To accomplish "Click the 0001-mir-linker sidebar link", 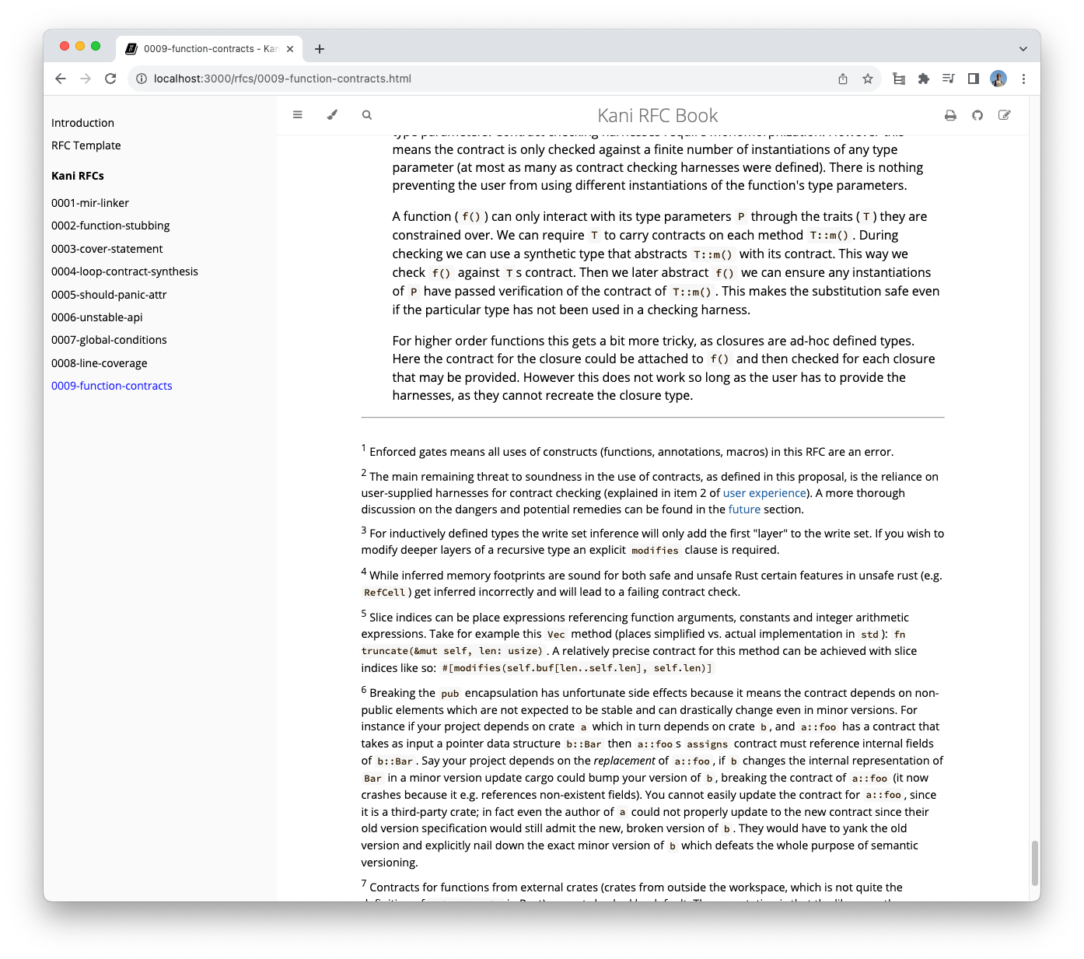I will click(x=90, y=203).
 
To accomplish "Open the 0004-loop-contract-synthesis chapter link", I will click(x=124, y=271).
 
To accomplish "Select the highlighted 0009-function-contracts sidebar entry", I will click(x=112, y=386).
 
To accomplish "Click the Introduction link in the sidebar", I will click(x=82, y=123).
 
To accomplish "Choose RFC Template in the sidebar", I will click(x=86, y=145).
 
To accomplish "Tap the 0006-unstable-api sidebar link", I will click(x=97, y=317).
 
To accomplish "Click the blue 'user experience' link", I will click(x=764, y=493).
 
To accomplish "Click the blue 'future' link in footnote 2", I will click(x=744, y=509).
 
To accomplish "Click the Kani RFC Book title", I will click(x=657, y=116).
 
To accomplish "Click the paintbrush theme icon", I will click(x=332, y=115).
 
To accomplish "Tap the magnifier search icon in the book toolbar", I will click(x=367, y=115).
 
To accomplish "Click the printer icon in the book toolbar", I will click(x=950, y=115).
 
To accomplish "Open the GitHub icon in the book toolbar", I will click(x=977, y=115).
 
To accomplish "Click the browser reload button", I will click(x=110, y=79).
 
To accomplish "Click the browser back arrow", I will click(x=61, y=79).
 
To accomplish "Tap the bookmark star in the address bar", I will click(x=868, y=79).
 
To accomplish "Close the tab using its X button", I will click(x=290, y=49).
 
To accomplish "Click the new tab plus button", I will click(x=320, y=49).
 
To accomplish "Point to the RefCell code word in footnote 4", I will click(x=384, y=593).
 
